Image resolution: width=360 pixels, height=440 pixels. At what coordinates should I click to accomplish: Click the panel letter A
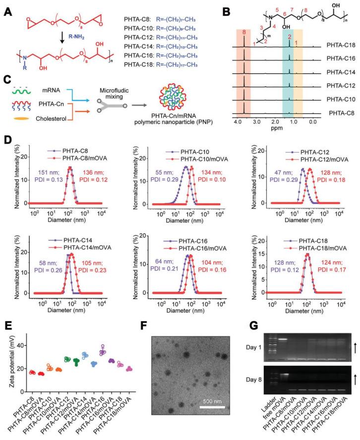(x=8, y=9)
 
